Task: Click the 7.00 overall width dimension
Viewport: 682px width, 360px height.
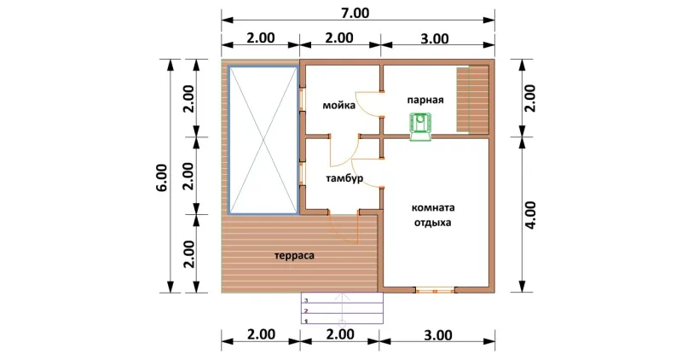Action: point(355,13)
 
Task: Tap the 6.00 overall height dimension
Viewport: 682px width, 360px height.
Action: point(161,178)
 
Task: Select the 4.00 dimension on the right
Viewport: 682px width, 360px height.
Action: point(531,215)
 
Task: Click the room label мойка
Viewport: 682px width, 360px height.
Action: point(338,105)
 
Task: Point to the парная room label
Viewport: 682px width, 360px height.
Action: point(425,100)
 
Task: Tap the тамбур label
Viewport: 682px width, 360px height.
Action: point(344,178)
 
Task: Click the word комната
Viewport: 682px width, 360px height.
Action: point(433,207)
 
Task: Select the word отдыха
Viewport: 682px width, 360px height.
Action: point(432,223)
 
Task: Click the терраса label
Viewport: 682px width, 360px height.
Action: point(294,256)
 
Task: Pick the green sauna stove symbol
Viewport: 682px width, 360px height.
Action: point(420,126)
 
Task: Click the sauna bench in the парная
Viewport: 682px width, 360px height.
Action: point(472,99)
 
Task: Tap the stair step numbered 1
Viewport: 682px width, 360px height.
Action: point(343,320)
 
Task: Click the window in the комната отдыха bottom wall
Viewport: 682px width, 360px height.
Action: point(436,290)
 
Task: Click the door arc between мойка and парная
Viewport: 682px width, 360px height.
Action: point(366,103)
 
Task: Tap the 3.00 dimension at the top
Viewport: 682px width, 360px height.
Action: point(435,38)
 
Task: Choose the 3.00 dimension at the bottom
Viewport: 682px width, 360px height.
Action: point(437,335)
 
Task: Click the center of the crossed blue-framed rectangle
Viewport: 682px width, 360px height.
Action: point(263,140)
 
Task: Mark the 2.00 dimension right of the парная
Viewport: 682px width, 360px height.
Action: point(530,98)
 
